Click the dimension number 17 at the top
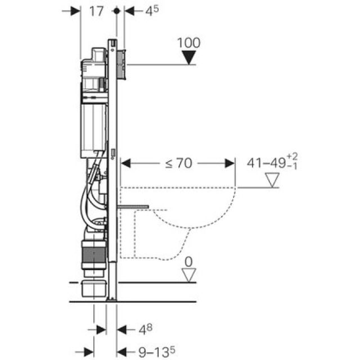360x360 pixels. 97,11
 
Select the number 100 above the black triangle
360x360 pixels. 188,43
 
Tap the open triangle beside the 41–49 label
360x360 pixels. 272,180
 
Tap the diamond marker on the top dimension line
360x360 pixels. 116,11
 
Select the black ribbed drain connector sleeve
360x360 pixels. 94,254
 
